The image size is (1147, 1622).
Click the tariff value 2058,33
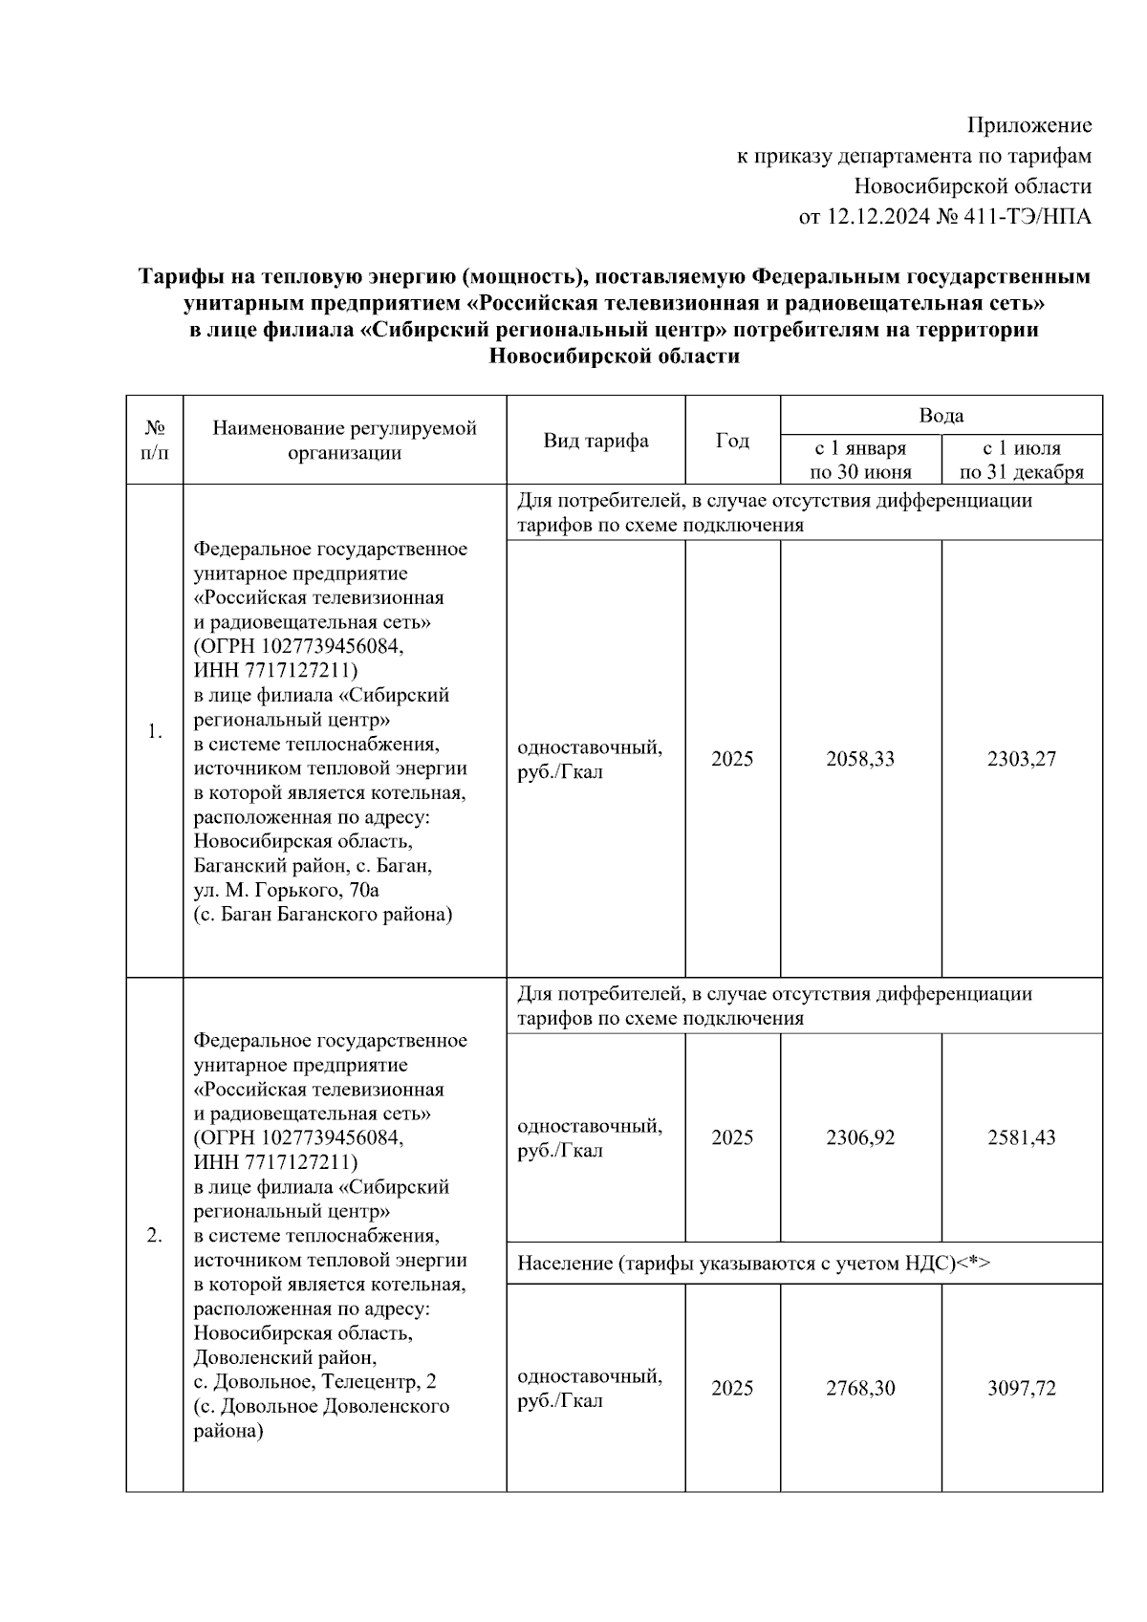[x=860, y=759]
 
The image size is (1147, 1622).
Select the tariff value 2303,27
[x=1021, y=759]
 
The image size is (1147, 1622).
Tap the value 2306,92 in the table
[x=860, y=1137]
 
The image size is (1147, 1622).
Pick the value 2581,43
[x=1021, y=1137]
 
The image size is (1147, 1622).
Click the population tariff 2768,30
[x=860, y=1388]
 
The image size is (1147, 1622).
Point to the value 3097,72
[x=1021, y=1388]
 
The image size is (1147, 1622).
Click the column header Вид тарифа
[x=595, y=441]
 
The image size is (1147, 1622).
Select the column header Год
[x=732, y=441]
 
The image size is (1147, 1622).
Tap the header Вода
[x=941, y=416]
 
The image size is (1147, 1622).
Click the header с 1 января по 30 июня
[x=860, y=460]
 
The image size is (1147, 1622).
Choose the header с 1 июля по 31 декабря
[x=1021, y=460]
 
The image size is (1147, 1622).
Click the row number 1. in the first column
[x=154, y=732]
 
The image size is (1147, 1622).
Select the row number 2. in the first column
[x=154, y=1236]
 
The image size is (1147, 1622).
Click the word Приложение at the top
[x=1028, y=125]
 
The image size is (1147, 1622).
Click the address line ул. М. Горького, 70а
[x=287, y=890]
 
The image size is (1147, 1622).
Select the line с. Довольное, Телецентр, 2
[x=315, y=1382]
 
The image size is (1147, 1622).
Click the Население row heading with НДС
[x=753, y=1264]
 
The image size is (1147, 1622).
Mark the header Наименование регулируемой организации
[x=344, y=441]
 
